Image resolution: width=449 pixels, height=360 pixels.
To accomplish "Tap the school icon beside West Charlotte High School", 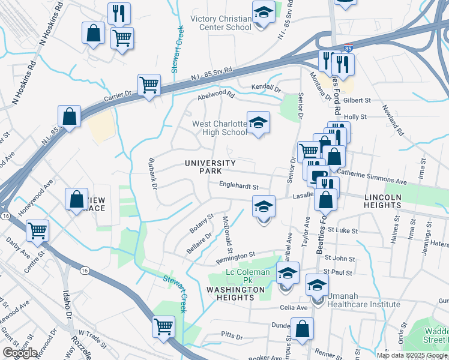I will tap(258, 122).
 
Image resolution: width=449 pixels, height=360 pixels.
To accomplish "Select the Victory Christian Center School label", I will tap(220, 23).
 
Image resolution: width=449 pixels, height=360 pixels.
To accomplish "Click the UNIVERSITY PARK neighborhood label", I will tap(210, 167).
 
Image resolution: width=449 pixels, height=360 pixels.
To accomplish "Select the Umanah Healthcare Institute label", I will tap(363, 304).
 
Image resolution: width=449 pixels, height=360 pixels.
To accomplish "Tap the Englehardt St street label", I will tap(238, 187).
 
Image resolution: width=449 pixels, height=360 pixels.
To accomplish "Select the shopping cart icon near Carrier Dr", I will tap(149, 85).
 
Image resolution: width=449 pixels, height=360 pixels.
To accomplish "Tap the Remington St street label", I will tap(236, 256).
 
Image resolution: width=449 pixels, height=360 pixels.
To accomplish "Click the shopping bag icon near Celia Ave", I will tap(302, 329).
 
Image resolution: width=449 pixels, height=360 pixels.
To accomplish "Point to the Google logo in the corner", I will tap(20, 353).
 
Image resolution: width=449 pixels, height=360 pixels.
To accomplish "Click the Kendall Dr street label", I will tap(265, 88).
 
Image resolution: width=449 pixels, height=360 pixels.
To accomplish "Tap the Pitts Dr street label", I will tap(231, 337).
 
